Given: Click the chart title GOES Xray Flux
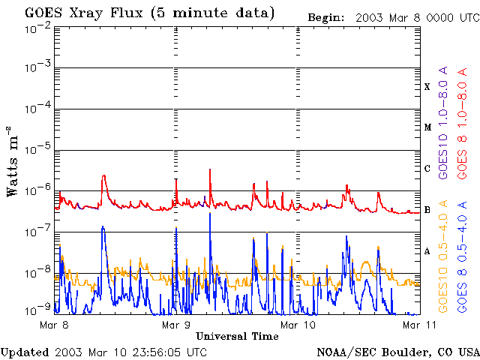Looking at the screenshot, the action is (x=83, y=13).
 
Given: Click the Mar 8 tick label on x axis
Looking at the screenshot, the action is (x=54, y=325).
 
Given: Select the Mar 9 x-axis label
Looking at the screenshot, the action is (x=176, y=325).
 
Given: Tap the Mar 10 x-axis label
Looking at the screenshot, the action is (x=298, y=325).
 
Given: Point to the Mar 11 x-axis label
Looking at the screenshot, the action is (x=419, y=325).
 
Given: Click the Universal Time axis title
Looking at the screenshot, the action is (x=237, y=337).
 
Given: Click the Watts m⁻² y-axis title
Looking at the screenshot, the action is (x=13, y=161).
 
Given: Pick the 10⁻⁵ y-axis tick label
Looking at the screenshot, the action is (x=37, y=150).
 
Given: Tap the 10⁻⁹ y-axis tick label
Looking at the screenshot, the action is (x=37, y=310).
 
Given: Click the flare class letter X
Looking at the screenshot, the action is (x=427, y=87).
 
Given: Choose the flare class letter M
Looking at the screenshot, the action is (x=427, y=127).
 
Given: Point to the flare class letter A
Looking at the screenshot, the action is (x=427, y=251).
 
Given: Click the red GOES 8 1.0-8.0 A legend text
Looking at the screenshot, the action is (x=462, y=123).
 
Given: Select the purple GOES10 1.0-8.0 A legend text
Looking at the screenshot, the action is (x=443, y=122).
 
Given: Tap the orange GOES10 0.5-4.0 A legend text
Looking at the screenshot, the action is (x=443, y=256).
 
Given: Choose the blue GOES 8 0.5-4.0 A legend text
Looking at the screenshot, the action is (x=462, y=256).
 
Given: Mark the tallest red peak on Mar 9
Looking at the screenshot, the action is (x=210, y=169).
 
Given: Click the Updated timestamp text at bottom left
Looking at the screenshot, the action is (x=103, y=352).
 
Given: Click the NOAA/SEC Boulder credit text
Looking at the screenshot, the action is (x=398, y=352).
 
